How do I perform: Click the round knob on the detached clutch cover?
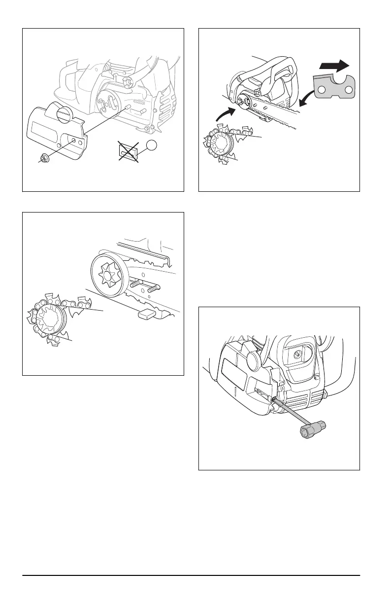point(64,116)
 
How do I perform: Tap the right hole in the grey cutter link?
point(348,90)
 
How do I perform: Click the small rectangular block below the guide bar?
point(147,314)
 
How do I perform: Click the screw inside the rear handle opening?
point(298,352)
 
